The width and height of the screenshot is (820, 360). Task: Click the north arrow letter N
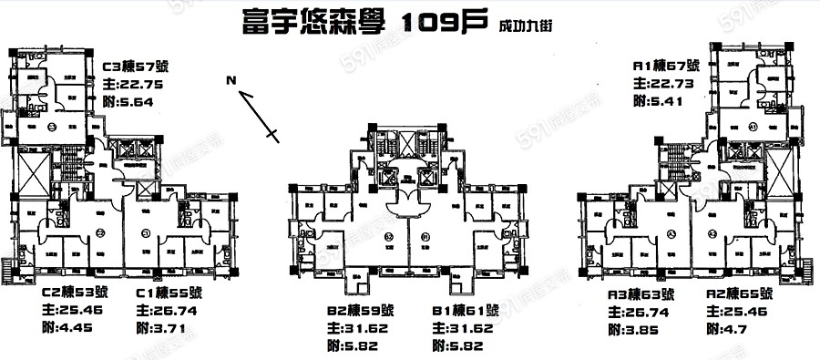[232, 81]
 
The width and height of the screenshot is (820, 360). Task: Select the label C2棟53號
[74, 293]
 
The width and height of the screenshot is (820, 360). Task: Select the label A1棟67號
[665, 67]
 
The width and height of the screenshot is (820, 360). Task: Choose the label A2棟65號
[740, 294]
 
